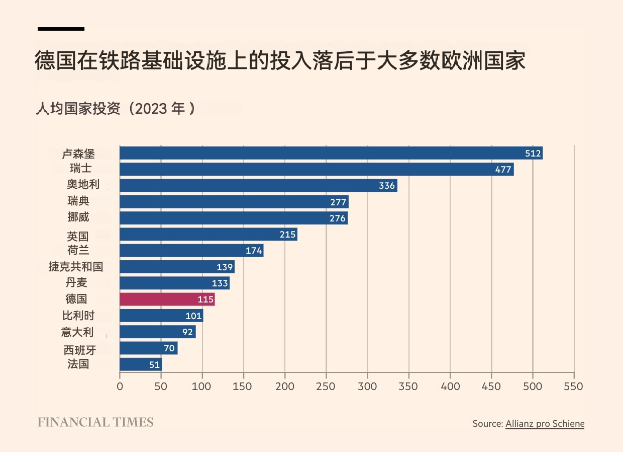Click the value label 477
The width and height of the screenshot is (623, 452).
pos(503,170)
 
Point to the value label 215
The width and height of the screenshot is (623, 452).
pos(287,235)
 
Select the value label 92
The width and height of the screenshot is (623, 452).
pos(187,332)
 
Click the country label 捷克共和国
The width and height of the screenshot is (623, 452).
pos(76,267)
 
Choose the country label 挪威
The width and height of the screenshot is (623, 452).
pos(78,217)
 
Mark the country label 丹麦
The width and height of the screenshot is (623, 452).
pos(76,283)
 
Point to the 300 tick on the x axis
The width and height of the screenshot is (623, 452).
pos(367,387)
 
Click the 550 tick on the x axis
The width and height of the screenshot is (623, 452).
pos(573,387)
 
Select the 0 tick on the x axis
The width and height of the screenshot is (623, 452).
pos(120,387)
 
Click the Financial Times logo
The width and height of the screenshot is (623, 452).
pos(95,422)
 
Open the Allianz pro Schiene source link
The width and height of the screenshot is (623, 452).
pos(545,424)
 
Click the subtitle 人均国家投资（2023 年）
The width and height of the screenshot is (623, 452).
pos(115,108)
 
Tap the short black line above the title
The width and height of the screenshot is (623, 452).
pos(61,29)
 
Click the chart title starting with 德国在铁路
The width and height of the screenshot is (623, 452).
pos(280,60)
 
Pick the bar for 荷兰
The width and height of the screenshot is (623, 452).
pos(191,251)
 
